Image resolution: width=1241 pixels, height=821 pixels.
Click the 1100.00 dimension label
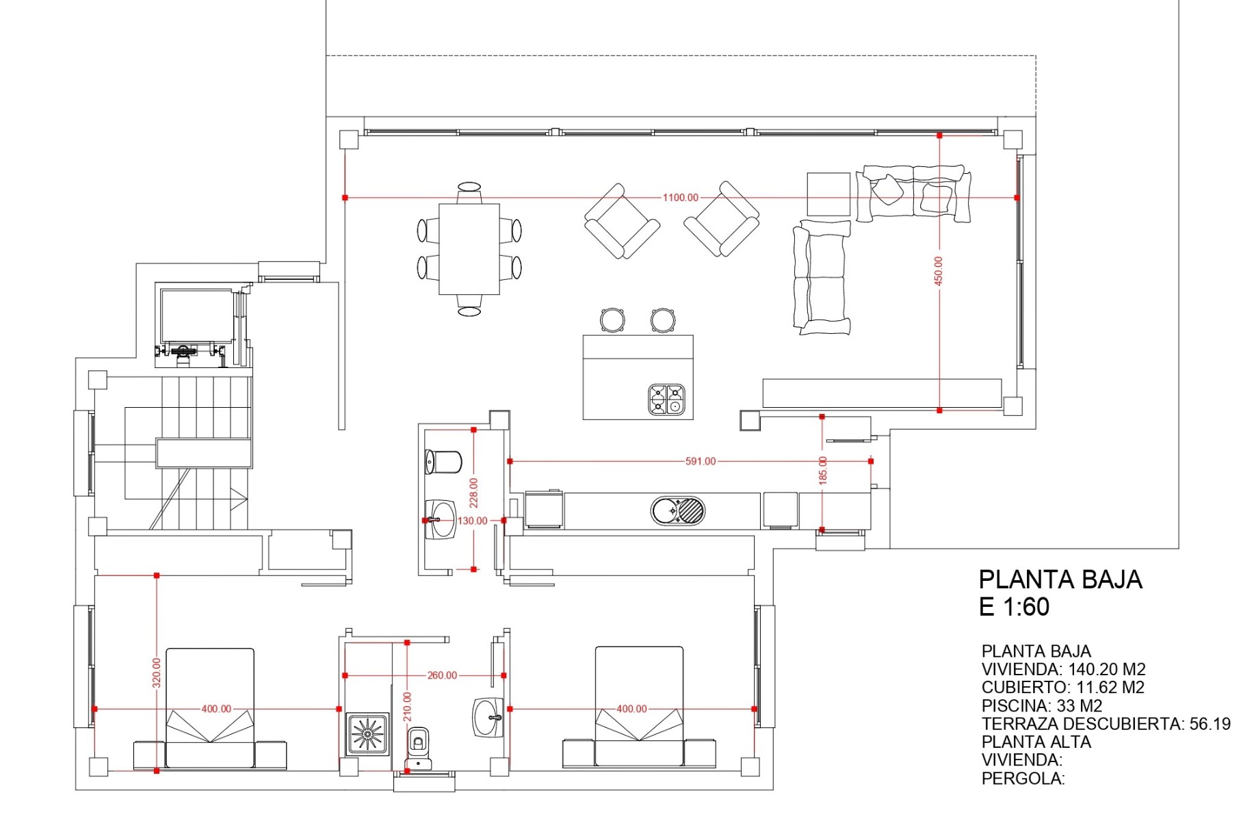click(680, 198)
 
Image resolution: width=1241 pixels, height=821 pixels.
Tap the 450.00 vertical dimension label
click(939, 271)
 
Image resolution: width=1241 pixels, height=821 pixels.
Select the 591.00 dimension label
click(701, 461)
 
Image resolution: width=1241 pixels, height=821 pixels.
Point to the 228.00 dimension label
click(473, 493)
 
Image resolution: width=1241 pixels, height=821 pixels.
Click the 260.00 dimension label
click(442, 675)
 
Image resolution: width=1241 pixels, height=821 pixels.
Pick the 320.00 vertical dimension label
click(157, 673)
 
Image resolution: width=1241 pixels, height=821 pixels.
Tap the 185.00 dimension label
click(823, 471)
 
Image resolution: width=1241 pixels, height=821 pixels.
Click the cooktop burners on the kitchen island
click(666, 400)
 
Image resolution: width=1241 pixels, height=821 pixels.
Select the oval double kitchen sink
click(677, 511)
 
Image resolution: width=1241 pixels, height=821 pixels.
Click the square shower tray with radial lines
click(367, 734)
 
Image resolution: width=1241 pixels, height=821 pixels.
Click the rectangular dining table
click(469, 249)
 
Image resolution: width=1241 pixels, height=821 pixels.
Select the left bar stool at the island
click(612, 320)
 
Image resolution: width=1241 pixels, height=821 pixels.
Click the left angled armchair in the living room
click(622, 221)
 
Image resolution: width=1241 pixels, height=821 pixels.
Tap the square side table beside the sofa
click(828, 194)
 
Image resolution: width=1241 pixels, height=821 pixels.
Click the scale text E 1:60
click(1014, 607)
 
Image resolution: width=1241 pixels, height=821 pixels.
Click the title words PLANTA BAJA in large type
click(1060, 579)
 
